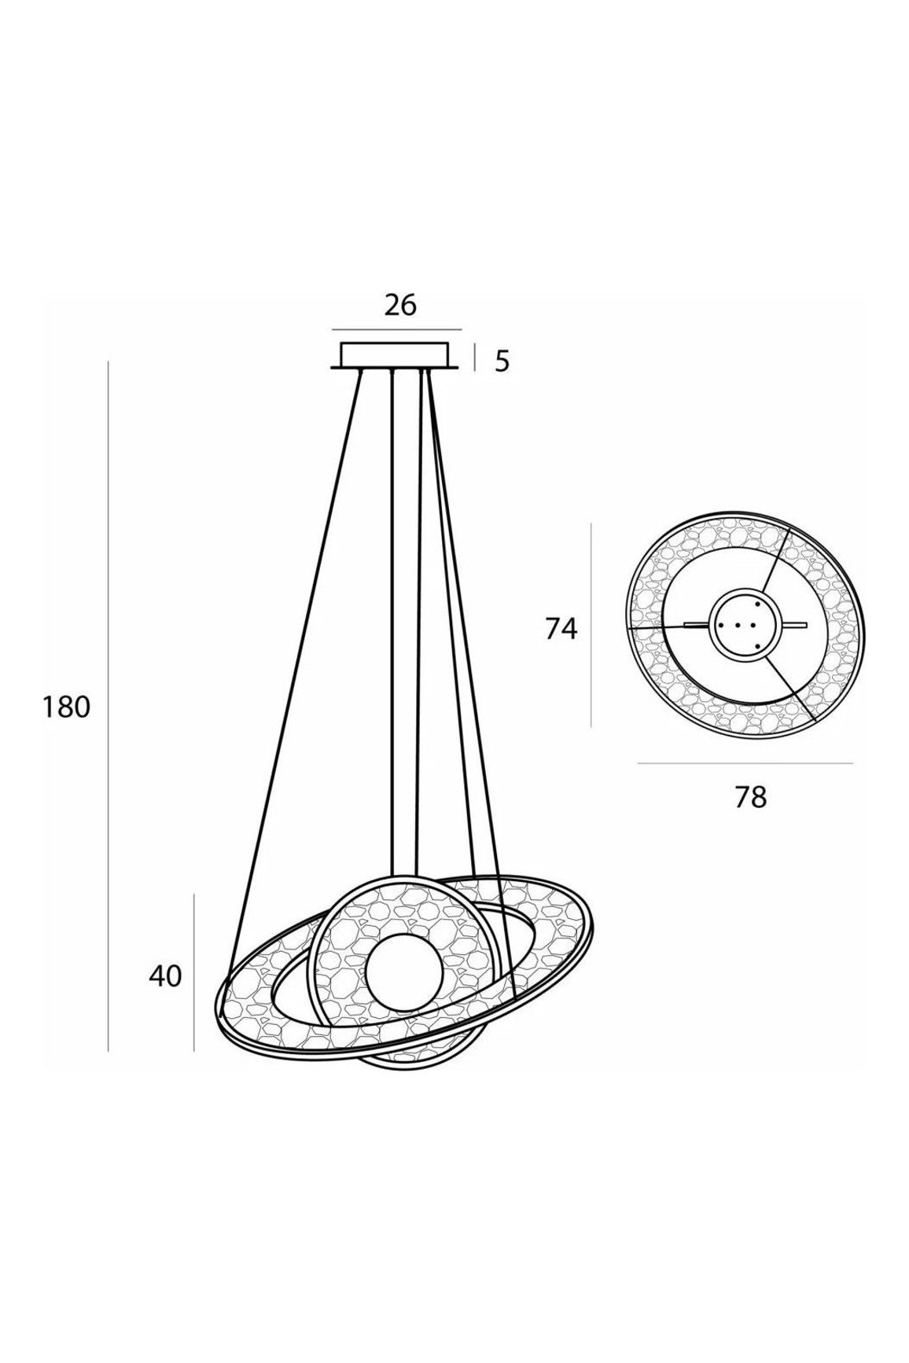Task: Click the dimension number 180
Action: (x=67, y=707)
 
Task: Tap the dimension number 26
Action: (x=400, y=305)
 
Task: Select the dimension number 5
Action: (x=502, y=362)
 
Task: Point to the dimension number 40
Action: (x=165, y=976)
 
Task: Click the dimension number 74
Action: (x=561, y=629)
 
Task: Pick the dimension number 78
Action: (x=750, y=797)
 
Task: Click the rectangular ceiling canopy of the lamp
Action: (x=395, y=355)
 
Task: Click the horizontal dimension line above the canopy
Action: (x=396, y=329)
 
